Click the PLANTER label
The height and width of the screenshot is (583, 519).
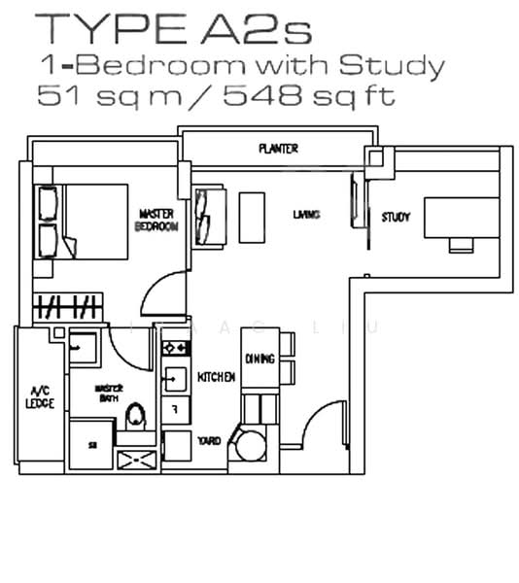tap(278, 149)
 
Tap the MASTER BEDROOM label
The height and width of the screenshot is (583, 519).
tap(157, 219)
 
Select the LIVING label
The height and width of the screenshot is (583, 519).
tap(307, 214)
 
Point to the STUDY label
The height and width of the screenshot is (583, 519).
tap(396, 217)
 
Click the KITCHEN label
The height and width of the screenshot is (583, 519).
tap(216, 376)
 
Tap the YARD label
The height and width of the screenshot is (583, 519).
tap(209, 441)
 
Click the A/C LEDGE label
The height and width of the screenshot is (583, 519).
tap(33, 399)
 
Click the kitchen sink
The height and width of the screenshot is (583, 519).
tap(178, 376)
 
